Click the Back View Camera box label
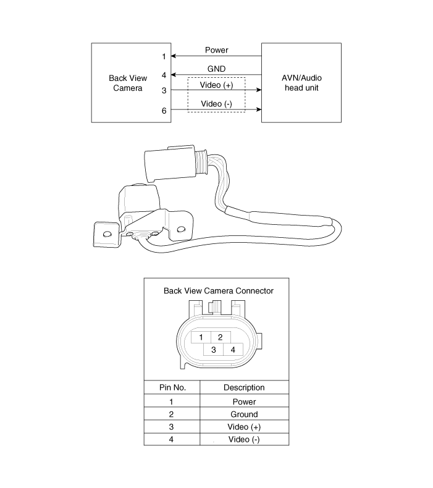pyautogui.click(x=128, y=83)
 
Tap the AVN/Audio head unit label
pyautogui.click(x=301, y=83)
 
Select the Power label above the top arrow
pyautogui.click(x=216, y=50)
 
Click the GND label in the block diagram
pyautogui.click(x=216, y=69)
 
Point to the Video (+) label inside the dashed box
pyautogui.click(x=216, y=85)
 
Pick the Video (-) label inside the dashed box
pyautogui.click(x=216, y=104)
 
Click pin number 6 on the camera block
pyautogui.click(x=164, y=111)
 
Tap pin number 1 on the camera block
pyautogui.click(x=164, y=57)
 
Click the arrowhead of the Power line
pyautogui.click(x=174, y=56)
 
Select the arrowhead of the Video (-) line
pyautogui.click(x=259, y=109)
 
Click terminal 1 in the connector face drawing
pyautogui.click(x=201, y=337)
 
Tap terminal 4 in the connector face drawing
pyautogui.click(x=233, y=350)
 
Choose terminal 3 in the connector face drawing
pyautogui.click(x=214, y=350)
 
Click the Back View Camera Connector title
pyautogui.click(x=219, y=291)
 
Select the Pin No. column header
pyautogui.click(x=172, y=387)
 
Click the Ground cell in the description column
pyautogui.click(x=244, y=414)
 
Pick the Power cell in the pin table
pyautogui.click(x=244, y=402)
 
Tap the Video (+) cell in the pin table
pyautogui.click(x=244, y=427)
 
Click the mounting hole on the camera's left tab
pyautogui.click(x=107, y=233)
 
